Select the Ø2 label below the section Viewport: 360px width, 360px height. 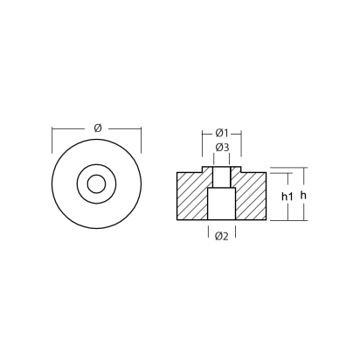221,235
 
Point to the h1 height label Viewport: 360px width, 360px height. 286,196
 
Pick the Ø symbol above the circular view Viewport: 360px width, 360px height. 97,128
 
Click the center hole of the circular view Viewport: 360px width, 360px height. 97,184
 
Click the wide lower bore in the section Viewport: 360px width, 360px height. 221,206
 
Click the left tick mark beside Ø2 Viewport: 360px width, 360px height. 208,233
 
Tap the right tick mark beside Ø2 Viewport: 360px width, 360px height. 234,233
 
